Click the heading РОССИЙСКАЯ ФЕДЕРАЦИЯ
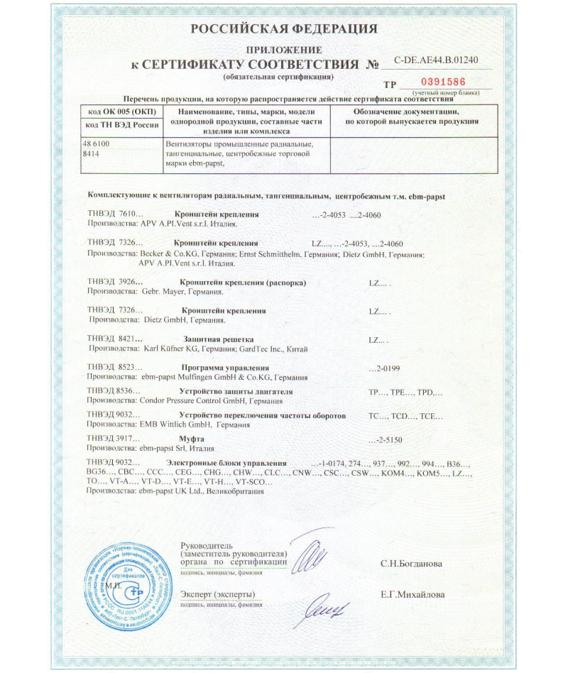pos(283,29)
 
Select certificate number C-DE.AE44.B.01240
pos(436,60)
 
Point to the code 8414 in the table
pos(91,153)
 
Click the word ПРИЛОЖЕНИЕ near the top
pos(283,50)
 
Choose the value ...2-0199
pos(386,368)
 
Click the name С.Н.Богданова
pos(411,564)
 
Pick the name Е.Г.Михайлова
pos(413,594)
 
